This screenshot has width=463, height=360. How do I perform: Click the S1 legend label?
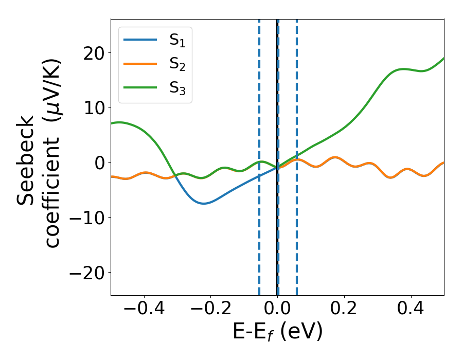point(177,41)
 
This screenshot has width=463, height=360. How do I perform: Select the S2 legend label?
point(177,64)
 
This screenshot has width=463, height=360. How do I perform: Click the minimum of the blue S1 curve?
point(204,203)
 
